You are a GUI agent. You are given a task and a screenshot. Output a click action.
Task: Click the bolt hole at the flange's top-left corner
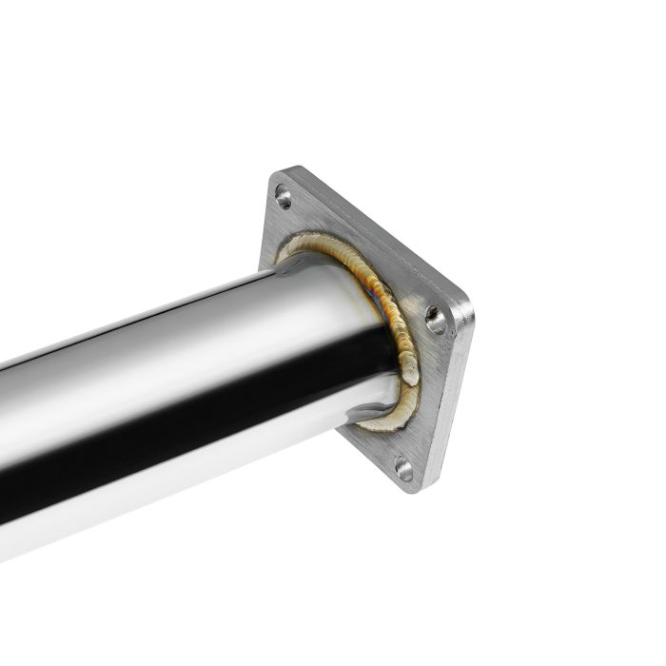coord(284,197)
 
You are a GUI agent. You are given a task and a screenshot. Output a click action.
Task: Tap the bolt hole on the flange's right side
coord(436,320)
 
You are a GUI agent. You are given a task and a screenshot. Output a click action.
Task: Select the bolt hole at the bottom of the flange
coord(403,468)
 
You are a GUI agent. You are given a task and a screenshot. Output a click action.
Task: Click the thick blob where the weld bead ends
coord(409,371)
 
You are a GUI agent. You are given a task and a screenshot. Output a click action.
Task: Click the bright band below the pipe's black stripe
coord(190,466)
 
